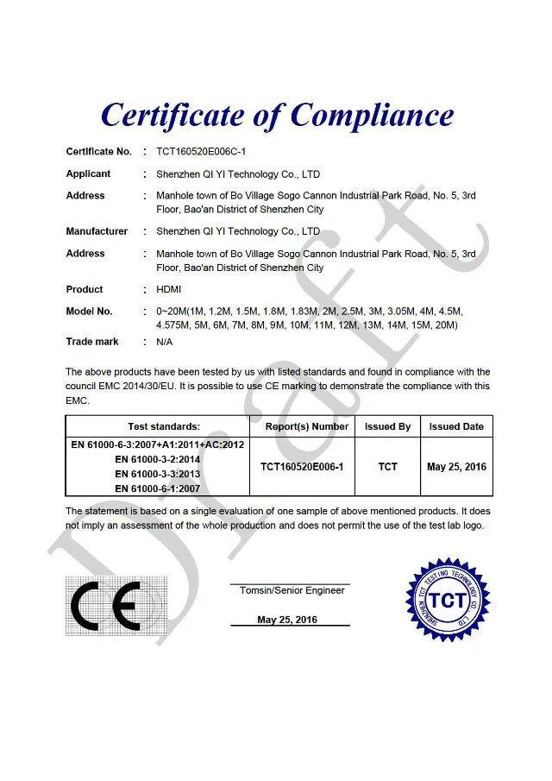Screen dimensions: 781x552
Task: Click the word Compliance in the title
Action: tap(372, 116)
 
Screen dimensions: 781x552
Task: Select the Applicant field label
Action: tap(88, 173)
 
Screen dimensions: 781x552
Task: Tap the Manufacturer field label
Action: tap(97, 231)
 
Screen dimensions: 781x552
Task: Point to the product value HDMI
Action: tap(169, 289)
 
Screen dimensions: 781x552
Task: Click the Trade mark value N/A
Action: tap(165, 342)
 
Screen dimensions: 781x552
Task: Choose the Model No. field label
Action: tap(89, 311)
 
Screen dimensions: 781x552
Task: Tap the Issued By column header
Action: tap(387, 426)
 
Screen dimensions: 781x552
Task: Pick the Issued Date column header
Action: tap(456, 426)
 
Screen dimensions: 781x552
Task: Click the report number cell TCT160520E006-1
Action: tap(302, 467)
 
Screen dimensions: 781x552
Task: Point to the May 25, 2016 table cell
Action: tap(456, 467)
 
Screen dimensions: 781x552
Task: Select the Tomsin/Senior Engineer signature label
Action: tap(289, 590)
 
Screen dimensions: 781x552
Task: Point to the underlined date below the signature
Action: tap(287, 620)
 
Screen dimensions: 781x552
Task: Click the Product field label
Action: tap(85, 289)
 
